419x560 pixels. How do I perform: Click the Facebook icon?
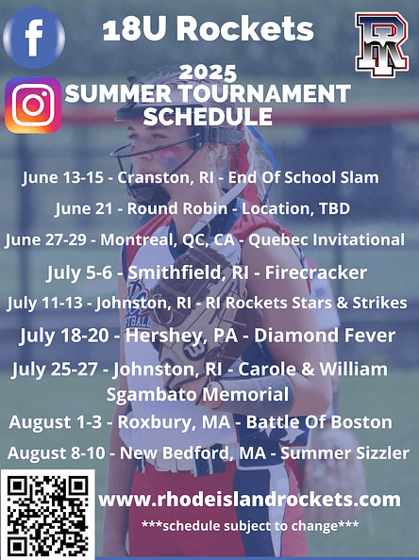tap(34, 38)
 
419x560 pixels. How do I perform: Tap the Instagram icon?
tap(33, 105)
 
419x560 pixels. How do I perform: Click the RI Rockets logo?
tap(382, 44)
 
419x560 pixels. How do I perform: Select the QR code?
tap(47, 516)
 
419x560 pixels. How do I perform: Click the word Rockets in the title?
tap(245, 29)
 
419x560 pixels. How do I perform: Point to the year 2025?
tap(208, 73)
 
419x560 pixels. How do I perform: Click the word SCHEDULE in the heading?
tap(208, 116)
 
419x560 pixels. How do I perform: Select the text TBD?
tap(334, 208)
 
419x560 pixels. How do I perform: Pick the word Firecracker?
tap(316, 272)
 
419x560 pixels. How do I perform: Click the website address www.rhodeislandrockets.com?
tap(249, 500)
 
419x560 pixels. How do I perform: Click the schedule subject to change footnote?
tap(250, 526)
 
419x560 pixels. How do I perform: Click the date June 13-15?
tap(62, 178)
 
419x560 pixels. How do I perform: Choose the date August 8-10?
tap(56, 453)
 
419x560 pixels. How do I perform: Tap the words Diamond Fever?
tap(325, 336)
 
